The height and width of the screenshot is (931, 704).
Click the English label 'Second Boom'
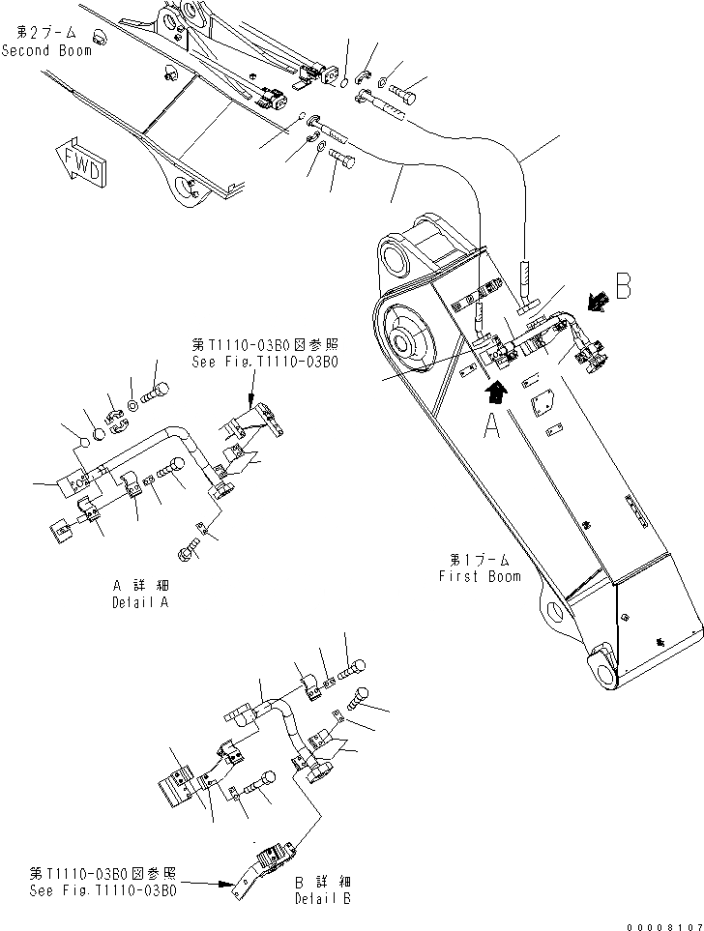[46, 49]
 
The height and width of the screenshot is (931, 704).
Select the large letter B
[624, 286]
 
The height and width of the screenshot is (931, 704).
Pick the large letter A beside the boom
[492, 426]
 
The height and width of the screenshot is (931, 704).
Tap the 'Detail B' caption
[323, 898]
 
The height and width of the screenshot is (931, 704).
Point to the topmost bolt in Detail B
[351, 666]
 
